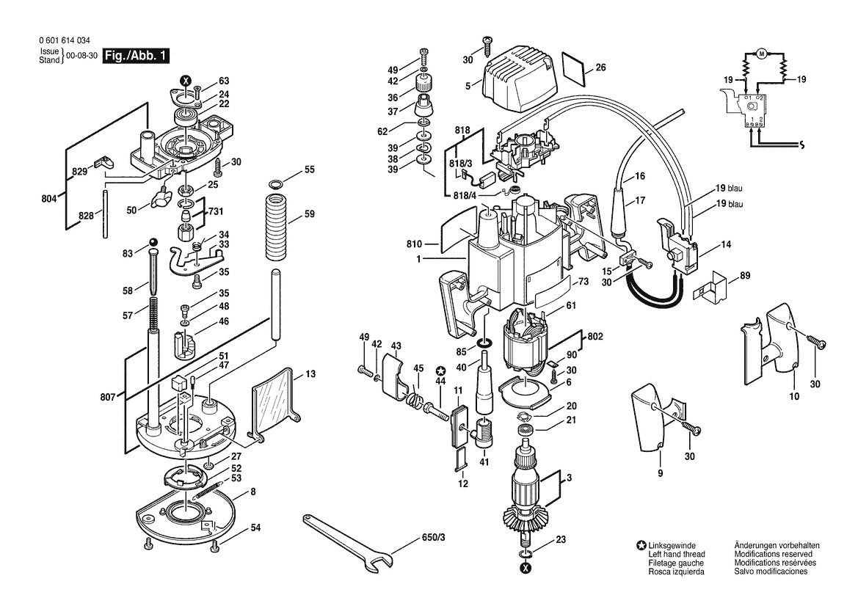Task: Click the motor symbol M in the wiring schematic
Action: click(761, 54)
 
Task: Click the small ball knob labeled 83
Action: click(153, 243)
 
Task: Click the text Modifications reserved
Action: click(773, 554)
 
